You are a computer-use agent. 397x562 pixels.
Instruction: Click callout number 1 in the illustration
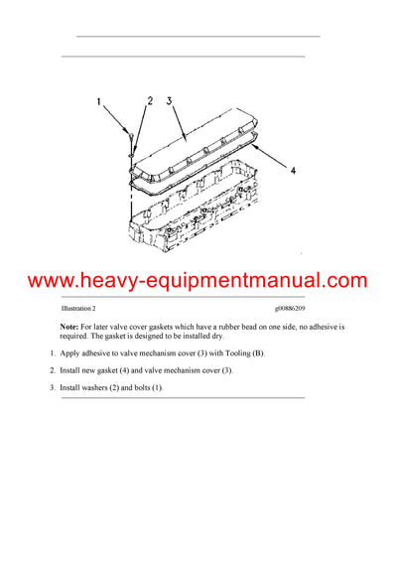click(99, 101)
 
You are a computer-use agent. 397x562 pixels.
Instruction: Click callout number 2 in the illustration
click(150, 100)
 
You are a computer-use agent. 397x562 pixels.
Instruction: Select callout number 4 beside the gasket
click(292, 170)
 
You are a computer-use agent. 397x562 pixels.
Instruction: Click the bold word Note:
click(68, 327)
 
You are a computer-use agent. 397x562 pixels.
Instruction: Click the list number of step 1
click(52, 353)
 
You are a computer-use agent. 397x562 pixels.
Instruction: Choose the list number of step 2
click(52, 370)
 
